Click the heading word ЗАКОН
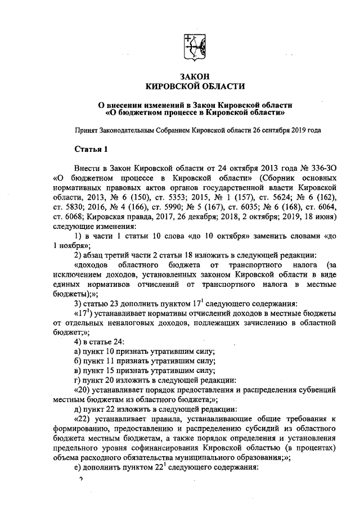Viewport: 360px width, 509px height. pos(195,76)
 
